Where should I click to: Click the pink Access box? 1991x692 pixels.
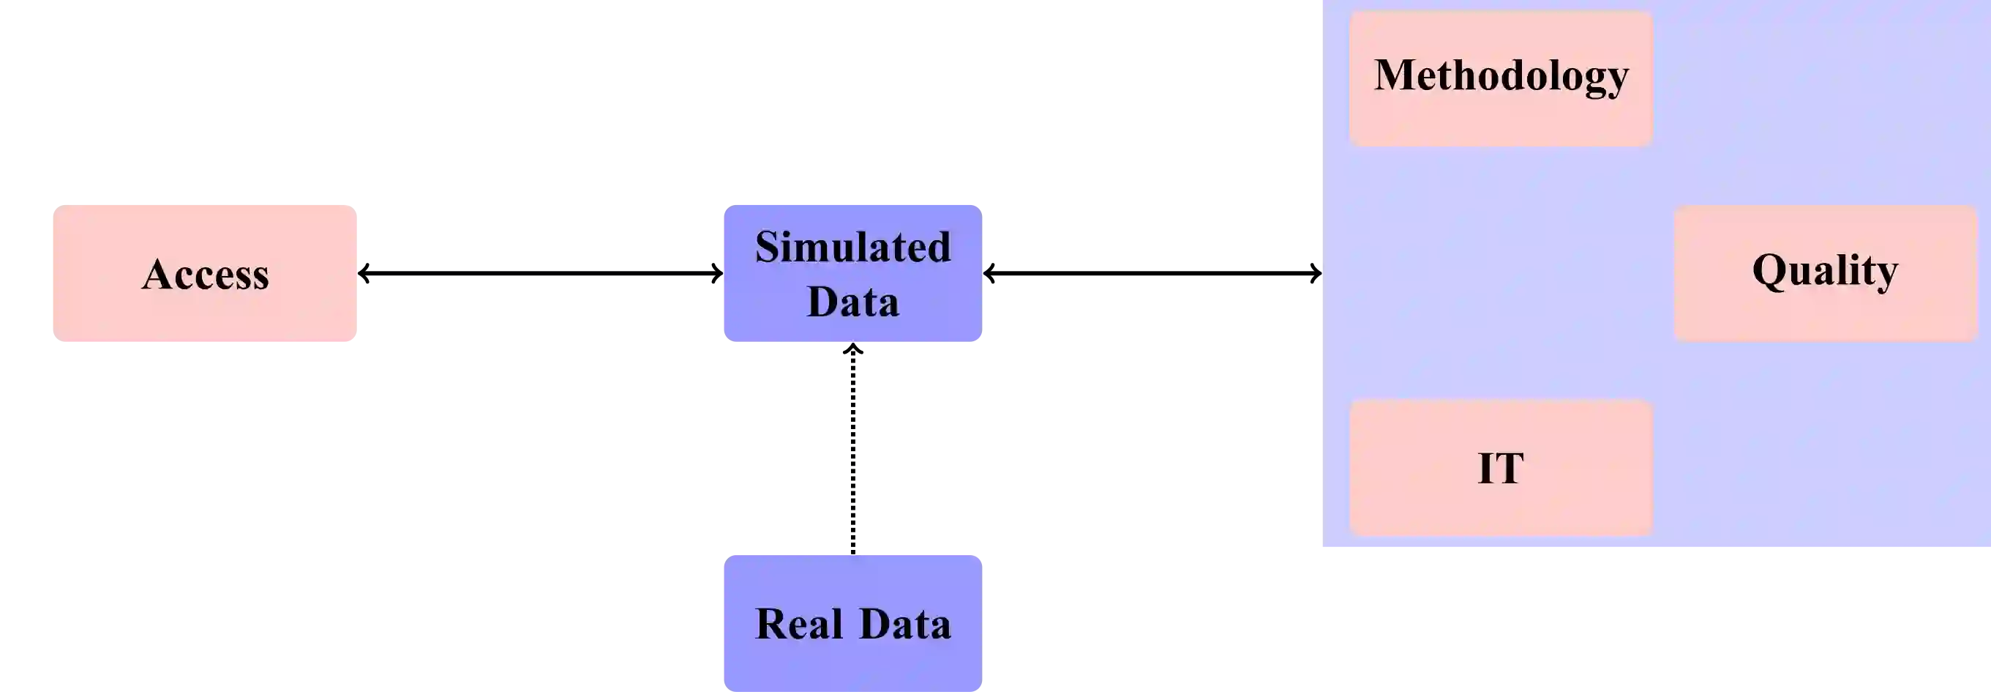pos(205,272)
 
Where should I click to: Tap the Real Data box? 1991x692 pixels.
pos(852,622)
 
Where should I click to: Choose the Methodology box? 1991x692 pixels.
pos(1501,78)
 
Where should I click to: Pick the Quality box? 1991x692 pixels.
pos(1825,272)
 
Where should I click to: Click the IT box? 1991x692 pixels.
pos(1501,468)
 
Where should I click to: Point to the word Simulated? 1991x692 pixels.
pos(852,248)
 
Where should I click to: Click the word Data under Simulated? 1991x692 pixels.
pos(852,302)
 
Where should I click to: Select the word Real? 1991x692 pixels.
pos(798,624)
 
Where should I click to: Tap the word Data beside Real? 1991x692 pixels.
pos(905,624)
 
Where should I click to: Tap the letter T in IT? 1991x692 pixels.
pos(1510,469)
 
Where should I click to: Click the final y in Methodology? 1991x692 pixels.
pos(1619,81)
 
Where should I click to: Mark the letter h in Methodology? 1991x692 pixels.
pos(1470,75)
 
